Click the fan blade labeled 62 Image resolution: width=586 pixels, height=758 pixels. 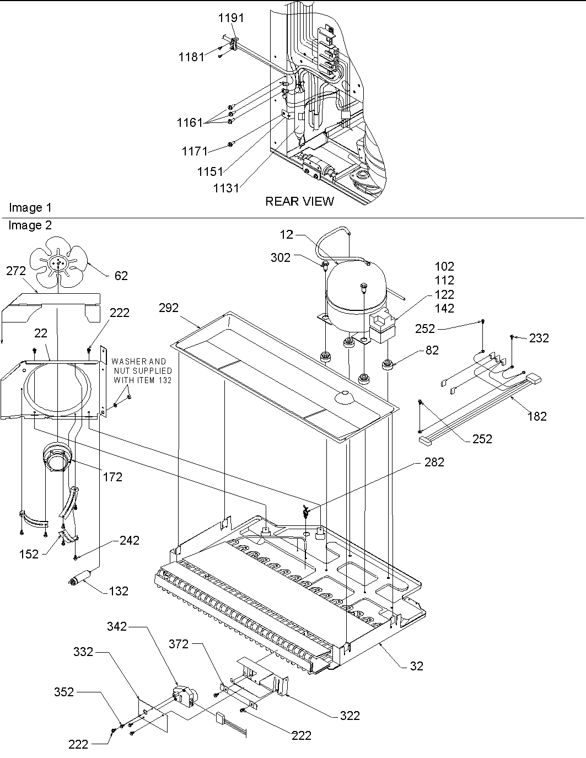point(57,264)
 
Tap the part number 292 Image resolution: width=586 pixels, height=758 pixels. point(169,308)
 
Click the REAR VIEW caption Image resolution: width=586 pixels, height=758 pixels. point(299,201)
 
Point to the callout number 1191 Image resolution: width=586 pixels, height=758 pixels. point(231,18)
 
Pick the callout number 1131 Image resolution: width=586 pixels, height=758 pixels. point(227,188)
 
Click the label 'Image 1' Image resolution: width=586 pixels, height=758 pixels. point(30,208)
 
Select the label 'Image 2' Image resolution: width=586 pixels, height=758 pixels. point(30,225)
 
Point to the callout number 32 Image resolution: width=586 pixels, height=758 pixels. point(417,666)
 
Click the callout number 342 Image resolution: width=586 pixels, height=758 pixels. point(117,626)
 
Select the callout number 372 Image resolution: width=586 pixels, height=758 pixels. point(179,644)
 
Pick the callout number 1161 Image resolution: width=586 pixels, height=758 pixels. point(190,122)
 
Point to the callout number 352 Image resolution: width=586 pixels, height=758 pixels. point(64,691)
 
